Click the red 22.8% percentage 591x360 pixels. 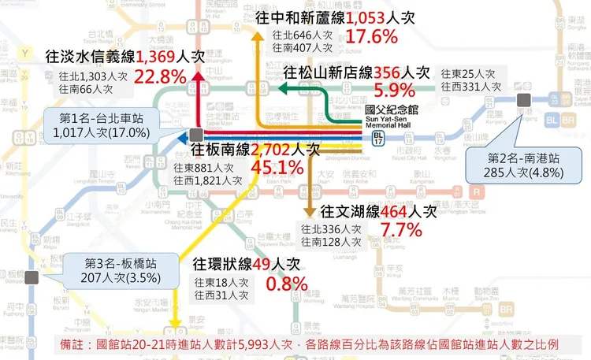[161, 76]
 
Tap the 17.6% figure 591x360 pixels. [370, 36]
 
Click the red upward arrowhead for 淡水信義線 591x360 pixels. [197, 76]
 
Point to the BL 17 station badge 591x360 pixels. [379, 138]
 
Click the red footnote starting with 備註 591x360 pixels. [309, 345]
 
